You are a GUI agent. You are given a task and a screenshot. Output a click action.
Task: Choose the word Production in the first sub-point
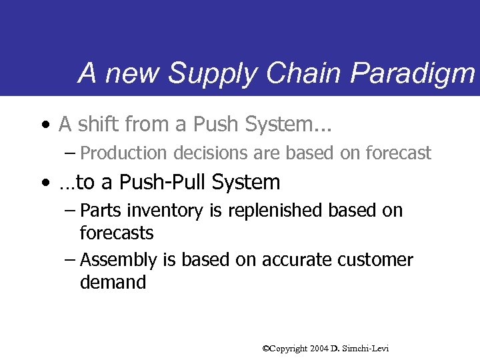pyautogui.click(x=124, y=153)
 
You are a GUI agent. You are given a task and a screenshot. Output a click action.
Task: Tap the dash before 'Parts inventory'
pyautogui.click(x=70, y=211)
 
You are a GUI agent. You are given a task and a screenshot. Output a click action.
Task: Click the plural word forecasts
pyautogui.click(x=117, y=233)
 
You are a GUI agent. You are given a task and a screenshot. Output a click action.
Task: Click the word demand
pyautogui.click(x=113, y=282)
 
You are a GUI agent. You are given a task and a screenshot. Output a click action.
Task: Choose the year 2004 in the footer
pyautogui.click(x=319, y=349)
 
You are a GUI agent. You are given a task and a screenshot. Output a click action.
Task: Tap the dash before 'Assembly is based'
pyautogui.click(x=70, y=260)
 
